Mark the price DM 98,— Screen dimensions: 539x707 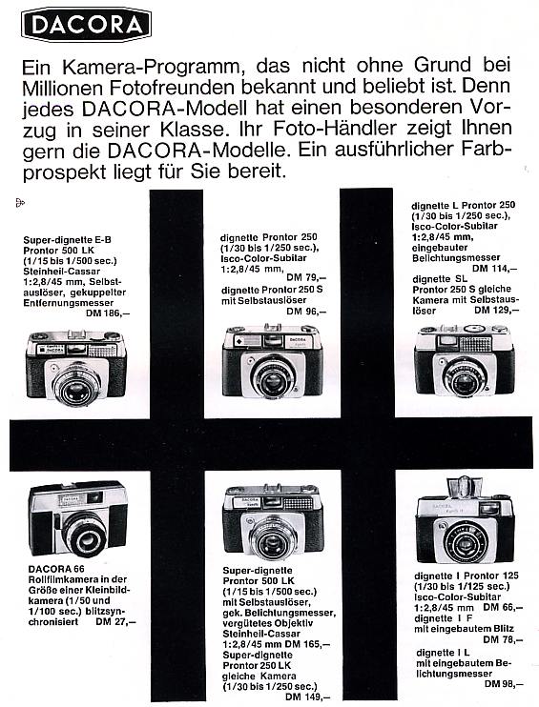pos(502,684)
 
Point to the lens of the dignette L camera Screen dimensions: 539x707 pos(466,374)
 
